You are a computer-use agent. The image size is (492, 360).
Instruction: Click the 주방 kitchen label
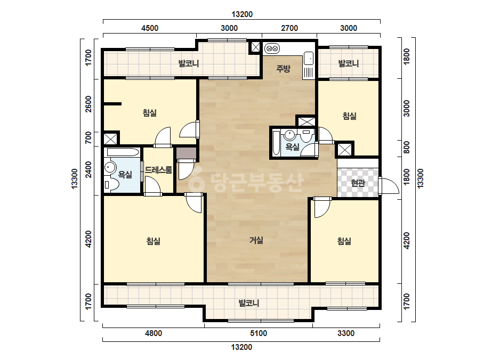point(283,69)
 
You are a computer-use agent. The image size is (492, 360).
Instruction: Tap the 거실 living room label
point(256,240)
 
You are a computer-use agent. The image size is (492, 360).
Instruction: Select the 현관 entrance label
point(358,183)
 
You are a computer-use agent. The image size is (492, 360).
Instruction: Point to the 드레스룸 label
point(158,170)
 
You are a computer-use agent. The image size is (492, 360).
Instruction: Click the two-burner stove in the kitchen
point(272,48)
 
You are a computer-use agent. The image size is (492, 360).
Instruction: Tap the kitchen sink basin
point(309,59)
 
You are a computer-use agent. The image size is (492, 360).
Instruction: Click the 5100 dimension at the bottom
point(259,333)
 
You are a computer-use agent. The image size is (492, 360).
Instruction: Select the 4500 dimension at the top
point(150,28)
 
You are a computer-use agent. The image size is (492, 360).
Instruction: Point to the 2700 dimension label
point(289,28)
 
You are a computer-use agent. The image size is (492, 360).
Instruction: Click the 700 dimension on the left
point(88,137)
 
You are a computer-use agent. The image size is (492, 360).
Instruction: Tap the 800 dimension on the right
point(406,147)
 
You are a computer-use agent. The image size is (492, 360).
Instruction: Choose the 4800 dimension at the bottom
point(154,333)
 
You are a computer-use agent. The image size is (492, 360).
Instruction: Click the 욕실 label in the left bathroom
point(125,175)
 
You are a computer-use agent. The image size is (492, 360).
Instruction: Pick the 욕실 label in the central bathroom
point(293,146)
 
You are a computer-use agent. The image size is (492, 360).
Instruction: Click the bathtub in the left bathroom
point(123,152)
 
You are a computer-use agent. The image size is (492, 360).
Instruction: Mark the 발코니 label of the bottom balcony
point(249,303)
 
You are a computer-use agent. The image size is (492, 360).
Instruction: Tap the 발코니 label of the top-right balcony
point(348,64)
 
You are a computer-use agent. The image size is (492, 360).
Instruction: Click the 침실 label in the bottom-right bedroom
point(344,241)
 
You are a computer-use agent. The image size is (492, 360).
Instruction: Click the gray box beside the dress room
point(187,153)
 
